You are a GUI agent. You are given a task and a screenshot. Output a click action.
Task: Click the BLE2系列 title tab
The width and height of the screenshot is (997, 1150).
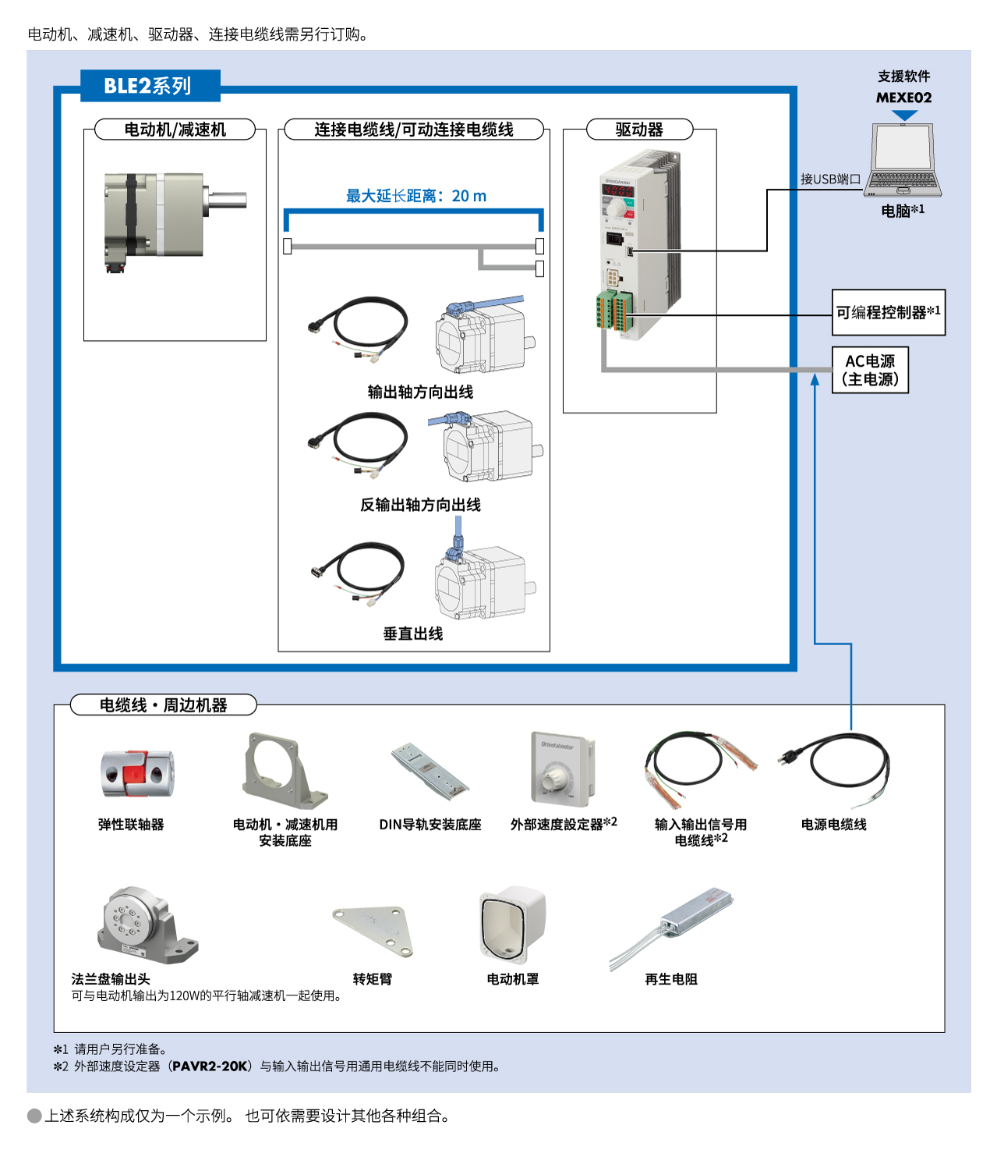pos(149,86)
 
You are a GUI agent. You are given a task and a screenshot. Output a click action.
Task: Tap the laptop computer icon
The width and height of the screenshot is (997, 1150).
pos(903,161)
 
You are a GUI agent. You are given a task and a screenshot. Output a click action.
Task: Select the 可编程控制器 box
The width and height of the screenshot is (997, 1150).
pos(888,313)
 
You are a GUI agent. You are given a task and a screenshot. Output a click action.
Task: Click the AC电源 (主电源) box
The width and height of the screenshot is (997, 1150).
pos(870,370)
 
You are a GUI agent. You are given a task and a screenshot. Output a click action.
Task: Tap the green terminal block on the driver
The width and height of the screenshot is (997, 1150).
pos(614,311)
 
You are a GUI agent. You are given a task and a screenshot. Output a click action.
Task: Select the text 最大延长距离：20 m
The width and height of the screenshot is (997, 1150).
pos(415,196)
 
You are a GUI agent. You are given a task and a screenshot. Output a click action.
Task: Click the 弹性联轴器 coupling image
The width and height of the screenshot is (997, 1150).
pos(136,773)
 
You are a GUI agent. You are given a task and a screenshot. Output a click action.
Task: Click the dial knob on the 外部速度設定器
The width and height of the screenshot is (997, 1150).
pos(555,777)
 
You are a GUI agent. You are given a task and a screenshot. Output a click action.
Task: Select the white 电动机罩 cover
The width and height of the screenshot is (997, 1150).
pos(512,925)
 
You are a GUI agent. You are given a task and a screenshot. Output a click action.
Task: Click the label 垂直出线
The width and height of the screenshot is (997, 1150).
pos(413,634)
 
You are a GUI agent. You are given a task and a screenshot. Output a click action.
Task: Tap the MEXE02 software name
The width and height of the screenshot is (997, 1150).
pos(903,98)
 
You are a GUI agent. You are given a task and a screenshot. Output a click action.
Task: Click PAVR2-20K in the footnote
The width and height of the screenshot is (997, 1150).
pos(210,1067)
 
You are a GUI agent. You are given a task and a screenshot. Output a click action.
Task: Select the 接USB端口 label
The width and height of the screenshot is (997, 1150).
pos(830,179)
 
